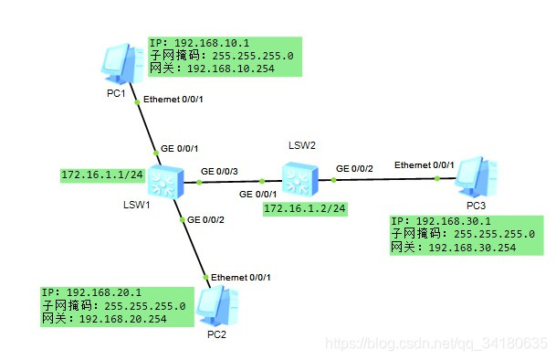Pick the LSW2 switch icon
[298, 178]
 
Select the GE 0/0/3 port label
[219, 171]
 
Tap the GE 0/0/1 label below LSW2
[257, 194]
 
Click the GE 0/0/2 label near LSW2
[354, 168]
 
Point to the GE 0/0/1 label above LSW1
[179, 148]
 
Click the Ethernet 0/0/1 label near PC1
[171, 98]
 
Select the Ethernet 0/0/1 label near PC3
[424, 164]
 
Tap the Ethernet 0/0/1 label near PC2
[241, 277]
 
